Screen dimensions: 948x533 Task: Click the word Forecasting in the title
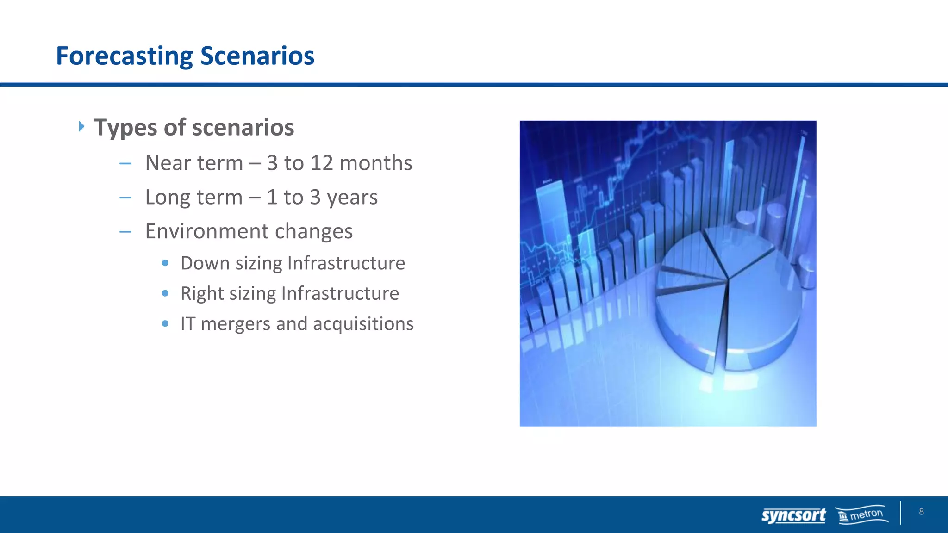point(124,56)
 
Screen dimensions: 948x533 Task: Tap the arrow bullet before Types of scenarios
point(81,126)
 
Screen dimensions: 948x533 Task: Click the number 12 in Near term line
point(322,163)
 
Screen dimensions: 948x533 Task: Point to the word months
point(375,163)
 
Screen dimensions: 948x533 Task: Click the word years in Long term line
point(352,198)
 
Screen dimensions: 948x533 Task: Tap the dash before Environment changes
point(125,231)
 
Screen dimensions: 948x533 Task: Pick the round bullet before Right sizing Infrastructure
point(165,293)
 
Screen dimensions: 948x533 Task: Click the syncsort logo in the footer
point(793,515)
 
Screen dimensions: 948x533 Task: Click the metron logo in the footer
point(862,514)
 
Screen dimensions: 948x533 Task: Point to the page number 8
point(921,512)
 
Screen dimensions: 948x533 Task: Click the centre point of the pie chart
point(728,279)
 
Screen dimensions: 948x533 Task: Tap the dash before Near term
point(125,163)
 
